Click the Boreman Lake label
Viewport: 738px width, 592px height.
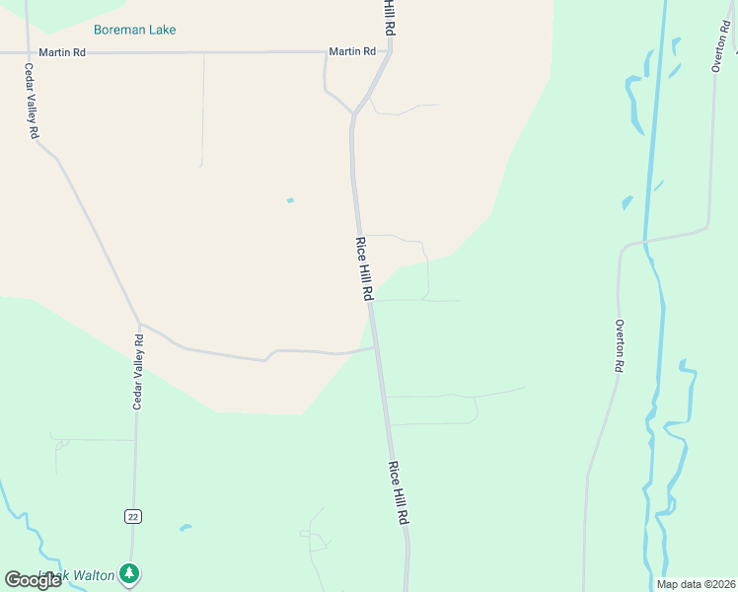(135, 30)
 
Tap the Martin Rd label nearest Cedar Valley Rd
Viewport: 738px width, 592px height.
(62, 52)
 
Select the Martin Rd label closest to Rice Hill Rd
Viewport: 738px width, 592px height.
(352, 51)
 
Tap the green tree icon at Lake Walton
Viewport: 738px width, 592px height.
(128, 572)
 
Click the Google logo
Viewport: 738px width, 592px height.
(33, 579)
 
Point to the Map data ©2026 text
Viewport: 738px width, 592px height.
(696, 584)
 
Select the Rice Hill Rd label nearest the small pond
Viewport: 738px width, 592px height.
(364, 268)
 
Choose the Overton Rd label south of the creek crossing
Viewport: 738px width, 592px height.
(620, 345)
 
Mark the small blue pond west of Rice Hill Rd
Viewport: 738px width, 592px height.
(290, 200)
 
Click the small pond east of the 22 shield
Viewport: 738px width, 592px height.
(184, 528)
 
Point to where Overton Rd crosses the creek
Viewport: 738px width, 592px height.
(647, 240)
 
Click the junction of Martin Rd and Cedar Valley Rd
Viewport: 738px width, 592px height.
(26, 52)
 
